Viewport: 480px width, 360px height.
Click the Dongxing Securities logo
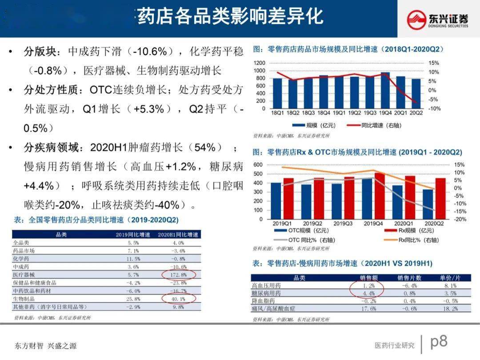(x=438, y=19)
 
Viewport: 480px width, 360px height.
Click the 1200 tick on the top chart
(x=260, y=63)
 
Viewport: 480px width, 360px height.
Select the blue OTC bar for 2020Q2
(x=428, y=204)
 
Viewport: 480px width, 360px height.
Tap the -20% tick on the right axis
(x=460, y=220)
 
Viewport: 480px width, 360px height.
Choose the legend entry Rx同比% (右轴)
(x=418, y=240)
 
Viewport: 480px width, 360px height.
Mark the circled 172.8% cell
(x=178, y=275)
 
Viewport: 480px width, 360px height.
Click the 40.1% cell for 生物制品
(x=178, y=299)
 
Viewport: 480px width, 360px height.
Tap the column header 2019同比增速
(x=133, y=235)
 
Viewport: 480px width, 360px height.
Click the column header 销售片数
(x=409, y=278)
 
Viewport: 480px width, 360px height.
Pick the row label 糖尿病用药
(x=266, y=293)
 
